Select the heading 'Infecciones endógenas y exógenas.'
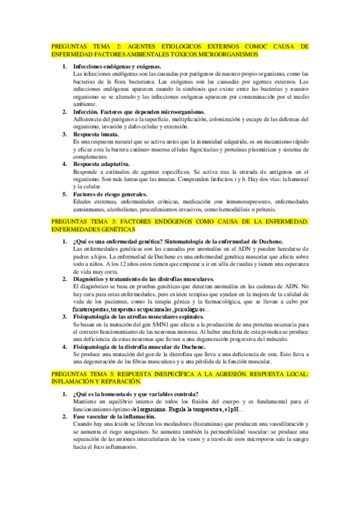coord(112,66)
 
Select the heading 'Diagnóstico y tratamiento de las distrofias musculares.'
coord(144,280)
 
